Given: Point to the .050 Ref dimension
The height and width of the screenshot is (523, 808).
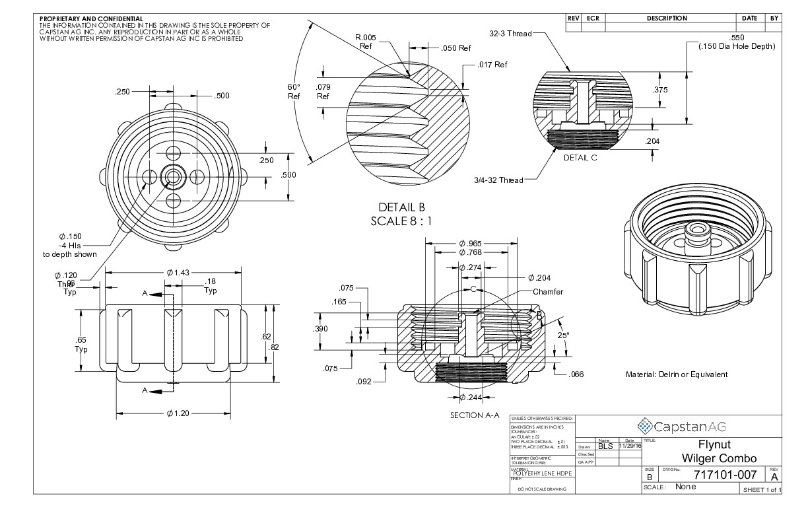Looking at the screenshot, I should pyautogui.click(x=455, y=48).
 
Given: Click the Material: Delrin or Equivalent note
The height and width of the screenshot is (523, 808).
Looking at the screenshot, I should pyautogui.click(x=676, y=374).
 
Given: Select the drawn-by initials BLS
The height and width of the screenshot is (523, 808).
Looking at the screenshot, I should pyautogui.click(x=605, y=446).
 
